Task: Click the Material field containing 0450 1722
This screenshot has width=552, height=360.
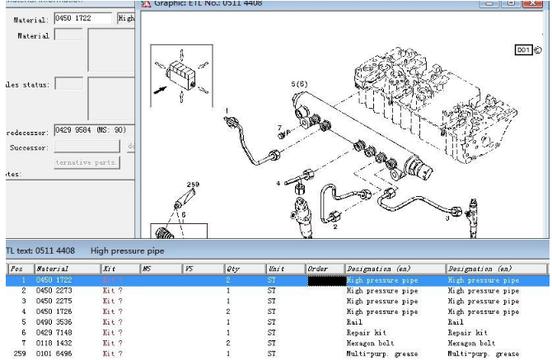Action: (82, 18)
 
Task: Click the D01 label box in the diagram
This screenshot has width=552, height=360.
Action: (524, 50)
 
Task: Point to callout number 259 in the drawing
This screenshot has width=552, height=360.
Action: (194, 185)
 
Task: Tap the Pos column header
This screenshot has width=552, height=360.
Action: (17, 269)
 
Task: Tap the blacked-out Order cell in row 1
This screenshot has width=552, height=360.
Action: (322, 281)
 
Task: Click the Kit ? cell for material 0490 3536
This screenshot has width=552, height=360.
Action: (113, 322)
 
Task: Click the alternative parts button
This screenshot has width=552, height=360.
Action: (87, 162)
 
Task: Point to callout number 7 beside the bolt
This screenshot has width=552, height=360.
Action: (279, 129)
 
